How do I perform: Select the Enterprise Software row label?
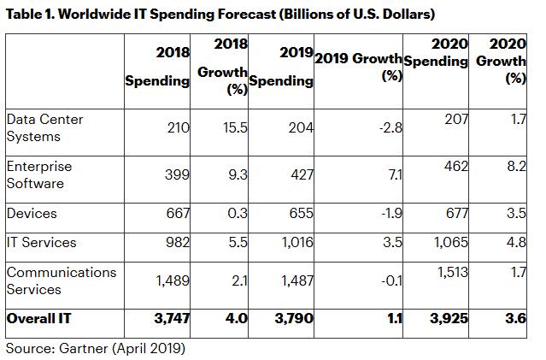pos(39,174)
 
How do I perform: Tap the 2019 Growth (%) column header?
pos(358,68)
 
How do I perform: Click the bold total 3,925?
pos(448,318)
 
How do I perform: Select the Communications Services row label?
pos(61,280)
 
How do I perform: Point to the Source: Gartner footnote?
pos(96,348)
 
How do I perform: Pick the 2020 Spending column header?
pos(436,52)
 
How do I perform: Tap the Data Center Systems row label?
pos(44,127)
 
